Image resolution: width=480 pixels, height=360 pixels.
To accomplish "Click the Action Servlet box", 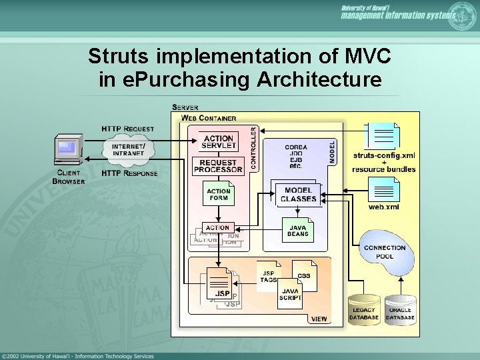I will (219, 143).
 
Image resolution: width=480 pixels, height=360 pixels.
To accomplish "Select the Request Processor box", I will (218, 166).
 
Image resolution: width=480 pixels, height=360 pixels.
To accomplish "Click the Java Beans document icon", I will (297, 230).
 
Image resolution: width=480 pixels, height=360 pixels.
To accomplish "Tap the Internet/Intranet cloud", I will (128, 150).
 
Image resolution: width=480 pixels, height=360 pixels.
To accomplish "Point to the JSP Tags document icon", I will (268, 275).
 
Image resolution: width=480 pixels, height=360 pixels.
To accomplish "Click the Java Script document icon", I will (290, 294).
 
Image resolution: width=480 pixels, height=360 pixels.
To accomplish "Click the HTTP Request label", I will (127, 129).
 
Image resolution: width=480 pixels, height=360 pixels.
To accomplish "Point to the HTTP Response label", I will (129, 173).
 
